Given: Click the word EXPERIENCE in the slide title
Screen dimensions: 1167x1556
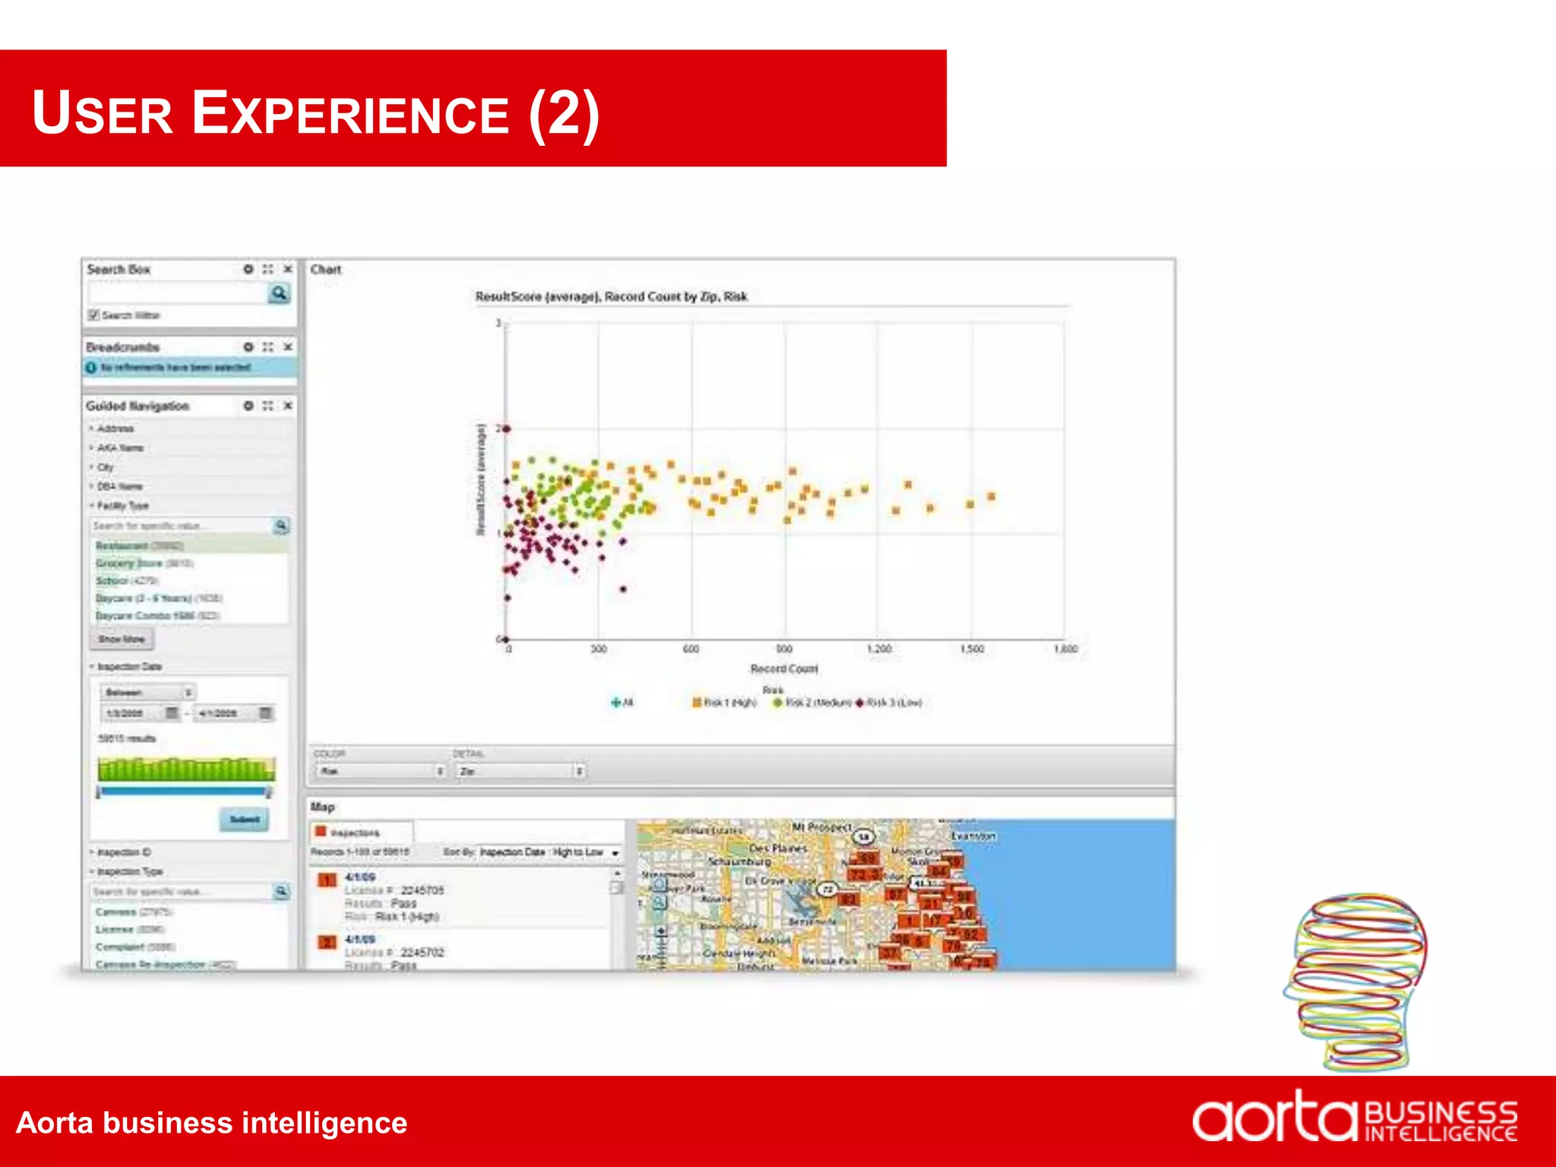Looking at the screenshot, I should (349, 114).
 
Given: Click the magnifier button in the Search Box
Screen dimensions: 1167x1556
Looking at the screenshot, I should (280, 293).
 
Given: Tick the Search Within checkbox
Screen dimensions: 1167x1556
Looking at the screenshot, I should (94, 315).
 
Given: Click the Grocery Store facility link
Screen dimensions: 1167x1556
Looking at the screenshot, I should (129, 563).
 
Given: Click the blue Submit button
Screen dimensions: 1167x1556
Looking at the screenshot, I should (245, 819).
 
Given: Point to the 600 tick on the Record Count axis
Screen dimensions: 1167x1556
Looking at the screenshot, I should (691, 649).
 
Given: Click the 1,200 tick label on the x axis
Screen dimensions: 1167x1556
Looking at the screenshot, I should (879, 649).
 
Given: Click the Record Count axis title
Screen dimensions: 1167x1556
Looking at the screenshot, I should (784, 669).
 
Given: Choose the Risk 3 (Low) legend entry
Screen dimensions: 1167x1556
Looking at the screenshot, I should (892, 703).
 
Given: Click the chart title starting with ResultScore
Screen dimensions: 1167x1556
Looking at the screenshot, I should (611, 296).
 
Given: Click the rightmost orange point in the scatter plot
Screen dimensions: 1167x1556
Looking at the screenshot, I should (991, 497).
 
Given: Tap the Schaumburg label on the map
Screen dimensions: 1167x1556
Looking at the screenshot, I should (739, 862).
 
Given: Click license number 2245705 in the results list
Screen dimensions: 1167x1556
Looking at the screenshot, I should (422, 890).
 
